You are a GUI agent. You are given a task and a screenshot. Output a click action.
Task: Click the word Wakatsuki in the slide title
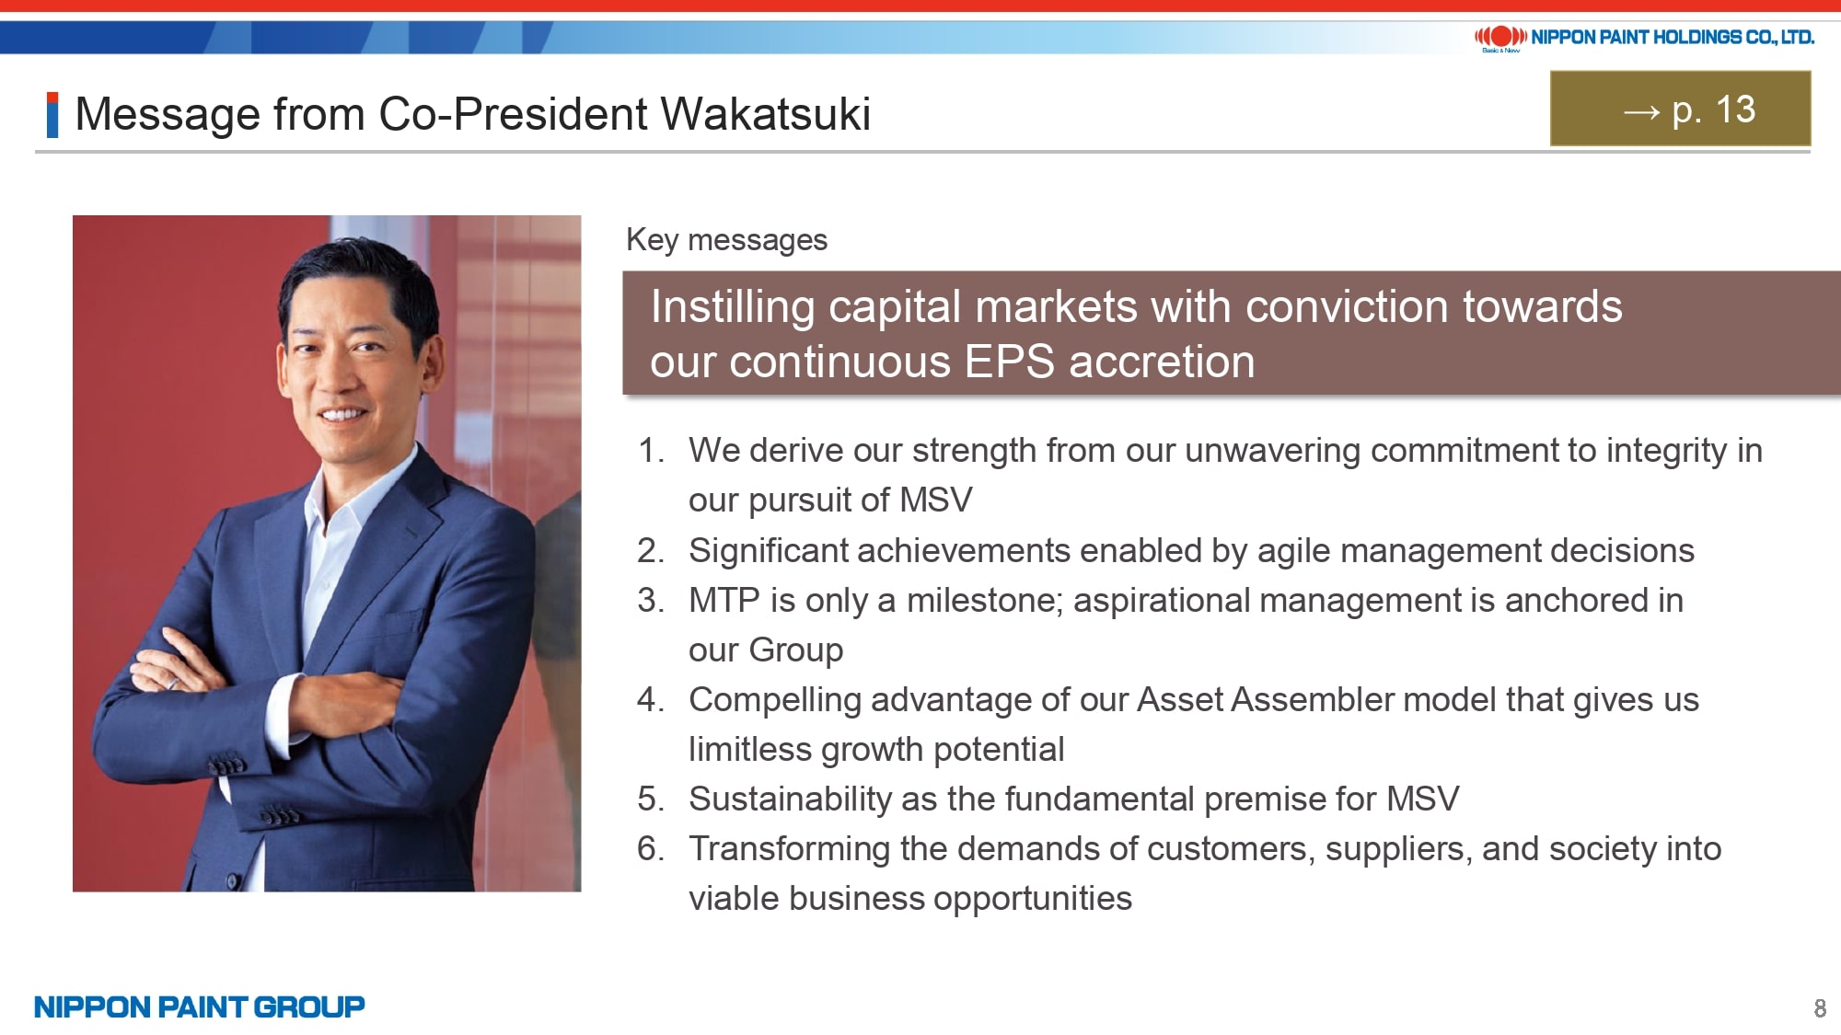(765, 114)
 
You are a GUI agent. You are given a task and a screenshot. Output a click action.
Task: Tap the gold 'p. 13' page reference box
(1680, 109)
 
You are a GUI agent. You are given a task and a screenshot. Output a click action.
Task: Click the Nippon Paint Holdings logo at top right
(1644, 38)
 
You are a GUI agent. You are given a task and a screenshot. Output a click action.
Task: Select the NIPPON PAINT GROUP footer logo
(199, 1006)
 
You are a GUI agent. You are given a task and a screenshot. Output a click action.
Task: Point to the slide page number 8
(1820, 1008)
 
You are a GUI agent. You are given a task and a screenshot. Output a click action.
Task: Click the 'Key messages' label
(726, 240)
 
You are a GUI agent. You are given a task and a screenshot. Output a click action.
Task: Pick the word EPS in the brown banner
(1010, 362)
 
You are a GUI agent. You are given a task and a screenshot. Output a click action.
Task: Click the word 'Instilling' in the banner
(733, 307)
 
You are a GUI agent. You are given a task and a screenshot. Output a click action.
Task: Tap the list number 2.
(650, 551)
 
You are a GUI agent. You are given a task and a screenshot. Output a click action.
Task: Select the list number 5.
(650, 799)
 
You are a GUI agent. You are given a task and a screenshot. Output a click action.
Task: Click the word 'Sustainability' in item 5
(790, 799)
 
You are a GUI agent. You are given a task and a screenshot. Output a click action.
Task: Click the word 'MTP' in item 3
(724, 601)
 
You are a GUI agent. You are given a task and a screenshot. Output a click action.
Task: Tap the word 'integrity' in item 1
(1666, 451)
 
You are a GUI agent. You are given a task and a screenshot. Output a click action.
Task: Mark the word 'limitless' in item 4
(749, 750)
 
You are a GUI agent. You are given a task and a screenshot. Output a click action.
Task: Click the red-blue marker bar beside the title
(52, 115)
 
